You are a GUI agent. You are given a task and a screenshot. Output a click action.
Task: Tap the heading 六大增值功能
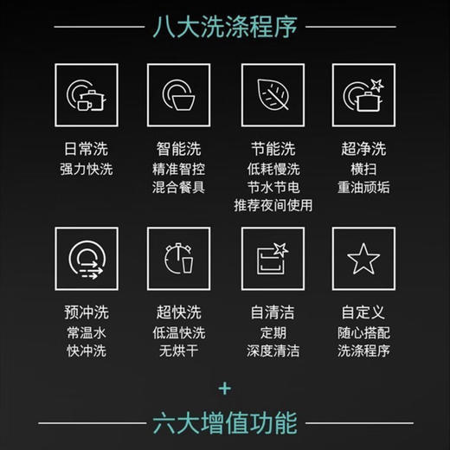tap(224, 424)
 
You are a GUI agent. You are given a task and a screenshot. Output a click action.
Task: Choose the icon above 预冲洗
tap(86, 259)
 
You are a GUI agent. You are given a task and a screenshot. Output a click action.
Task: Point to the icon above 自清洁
tap(271, 259)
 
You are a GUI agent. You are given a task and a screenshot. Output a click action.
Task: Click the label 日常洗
tap(86, 148)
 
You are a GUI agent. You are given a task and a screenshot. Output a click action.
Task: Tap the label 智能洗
tap(178, 148)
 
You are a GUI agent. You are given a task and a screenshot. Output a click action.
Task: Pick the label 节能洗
tap(271, 148)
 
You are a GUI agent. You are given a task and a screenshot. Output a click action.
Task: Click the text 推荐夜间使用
tap(272, 205)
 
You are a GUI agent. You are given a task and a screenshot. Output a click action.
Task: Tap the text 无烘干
tap(178, 351)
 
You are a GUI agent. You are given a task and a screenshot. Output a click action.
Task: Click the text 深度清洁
tap(271, 351)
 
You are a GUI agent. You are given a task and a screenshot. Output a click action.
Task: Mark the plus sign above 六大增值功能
tap(224, 386)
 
